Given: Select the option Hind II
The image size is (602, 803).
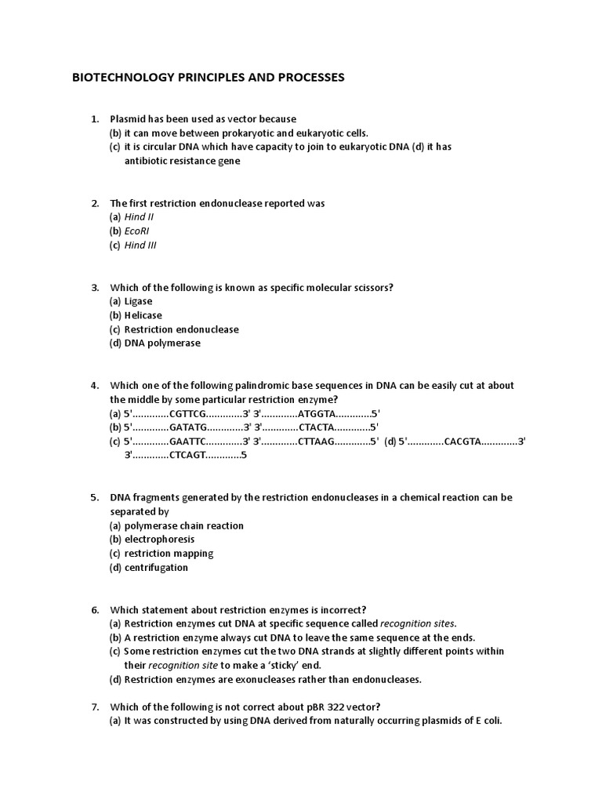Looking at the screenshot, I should click(x=140, y=217).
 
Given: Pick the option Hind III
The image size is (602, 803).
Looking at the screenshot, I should click(x=141, y=245).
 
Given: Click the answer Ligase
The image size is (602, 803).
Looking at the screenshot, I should click(x=139, y=301).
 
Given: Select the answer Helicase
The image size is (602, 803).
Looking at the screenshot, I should click(x=143, y=315).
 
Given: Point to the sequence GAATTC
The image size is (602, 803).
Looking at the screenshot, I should click(x=187, y=441).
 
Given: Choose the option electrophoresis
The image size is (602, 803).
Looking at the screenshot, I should click(x=160, y=540).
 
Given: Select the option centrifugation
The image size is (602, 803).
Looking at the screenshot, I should click(x=157, y=568).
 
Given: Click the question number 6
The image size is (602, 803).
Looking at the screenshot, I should click(x=94, y=609).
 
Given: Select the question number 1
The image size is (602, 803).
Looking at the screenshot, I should click(x=94, y=119).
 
